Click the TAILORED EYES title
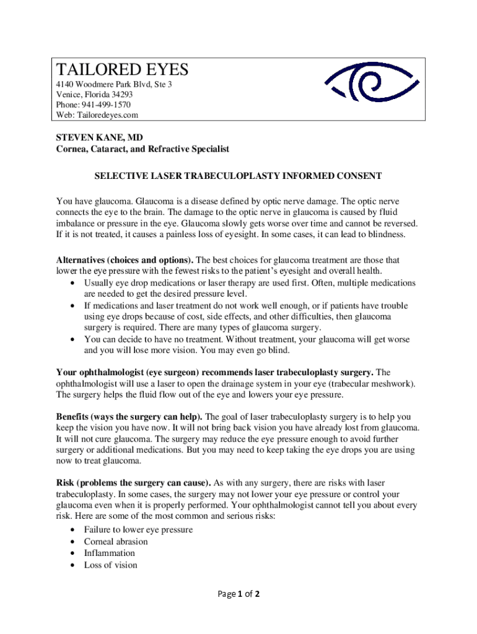coord(122,69)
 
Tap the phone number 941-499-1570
coord(109,105)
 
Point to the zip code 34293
coord(120,94)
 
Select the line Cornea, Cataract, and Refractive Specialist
coord(142,149)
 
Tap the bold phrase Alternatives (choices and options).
coord(125,260)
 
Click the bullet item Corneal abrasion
coord(116,542)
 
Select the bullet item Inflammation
coord(109,553)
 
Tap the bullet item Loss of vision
coord(110,565)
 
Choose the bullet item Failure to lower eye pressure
coord(138,529)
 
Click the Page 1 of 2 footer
coord(238,594)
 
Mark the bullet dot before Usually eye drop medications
coord(74,283)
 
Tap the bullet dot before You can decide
coord(74,339)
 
